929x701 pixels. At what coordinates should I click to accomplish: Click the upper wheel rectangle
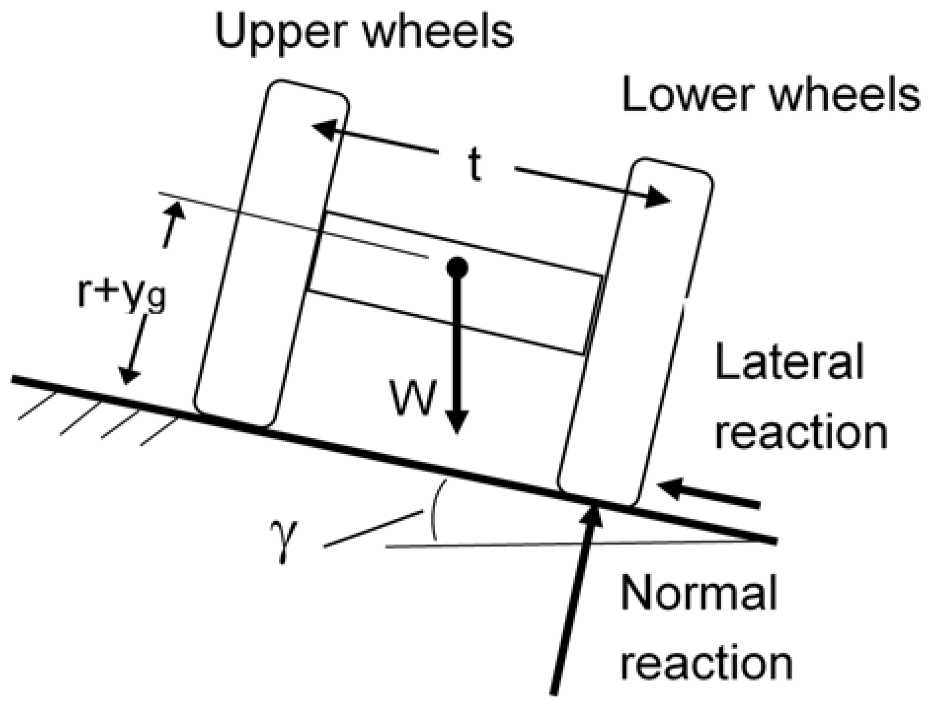271,254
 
